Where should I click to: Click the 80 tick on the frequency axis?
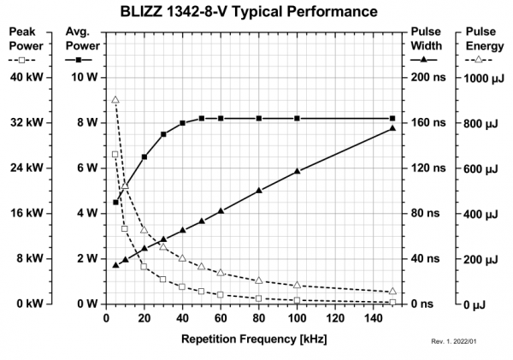(259, 319)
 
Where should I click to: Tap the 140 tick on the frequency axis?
(374, 319)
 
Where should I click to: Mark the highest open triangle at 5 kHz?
(115, 100)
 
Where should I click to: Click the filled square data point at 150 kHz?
(392, 118)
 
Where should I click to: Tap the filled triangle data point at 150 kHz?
(392, 128)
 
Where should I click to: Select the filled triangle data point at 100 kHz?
(297, 172)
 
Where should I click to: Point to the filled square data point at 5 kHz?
(115, 203)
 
